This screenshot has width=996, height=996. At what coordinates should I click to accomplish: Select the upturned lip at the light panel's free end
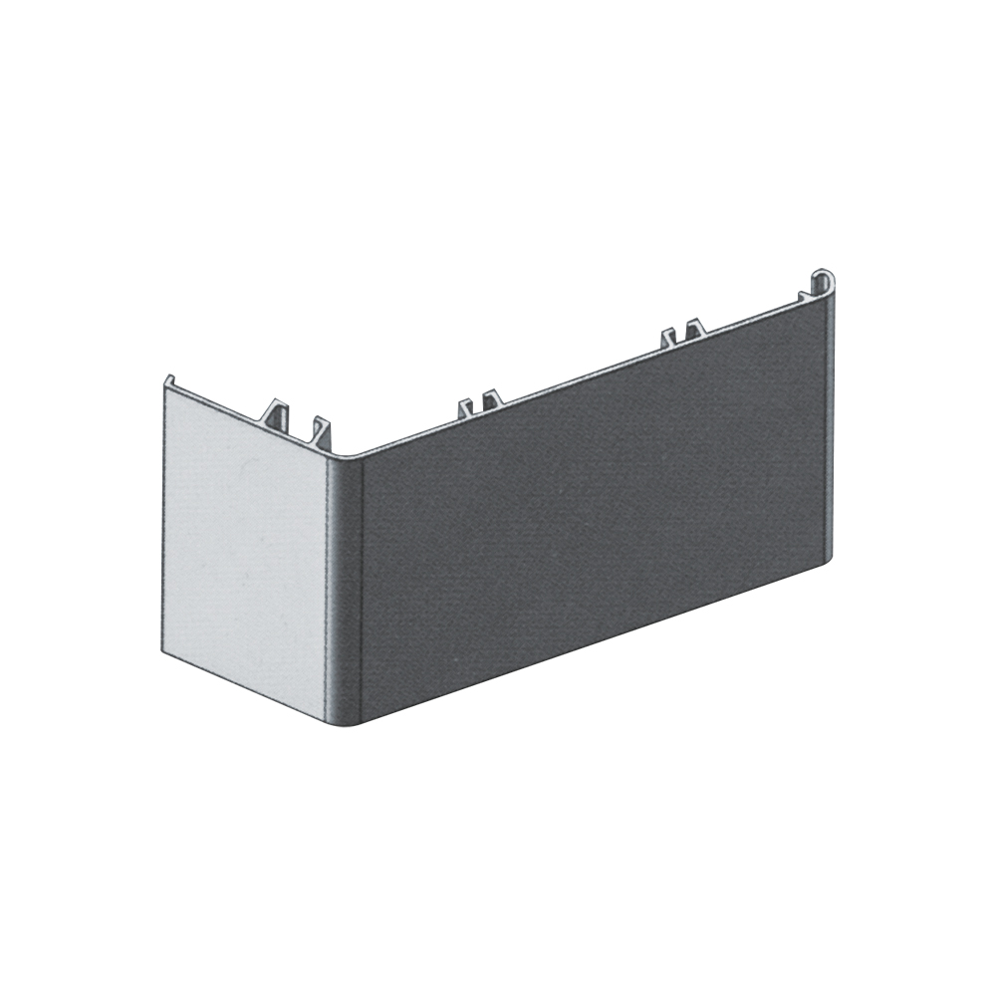point(168,380)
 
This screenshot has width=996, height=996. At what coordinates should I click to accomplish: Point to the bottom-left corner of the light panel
point(162,651)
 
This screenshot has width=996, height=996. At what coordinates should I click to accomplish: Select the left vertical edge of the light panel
point(163,518)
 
